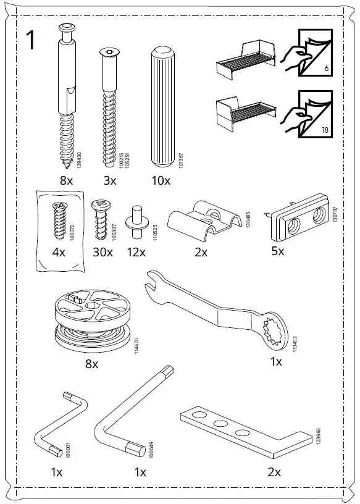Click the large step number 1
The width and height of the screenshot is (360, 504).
pos(31,40)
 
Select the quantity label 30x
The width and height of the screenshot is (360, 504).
pos(103,252)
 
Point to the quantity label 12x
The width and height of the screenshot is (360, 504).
pos(136,252)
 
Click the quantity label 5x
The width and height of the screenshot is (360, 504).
pos(278,252)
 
